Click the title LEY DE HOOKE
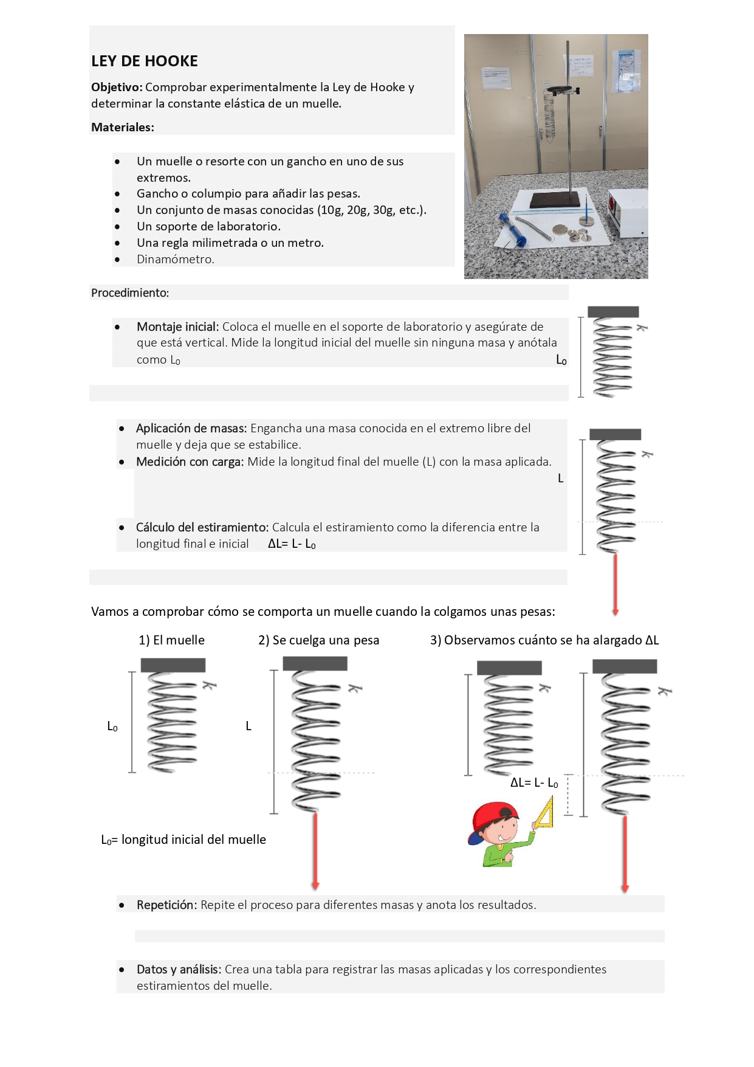click(x=145, y=61)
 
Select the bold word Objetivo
click(x=116, y=88)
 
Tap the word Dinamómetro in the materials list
click(x=175, y=260)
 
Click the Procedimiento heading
click(x=130, y=293)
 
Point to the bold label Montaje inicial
click(x=177, y=327)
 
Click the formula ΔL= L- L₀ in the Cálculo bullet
click(x=292, y=544)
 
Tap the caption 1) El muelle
click(x=171, y=640)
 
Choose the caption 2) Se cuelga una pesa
click(x=318, y=640)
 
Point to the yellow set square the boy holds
click(x=544, y=815)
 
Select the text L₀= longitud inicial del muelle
click(x=183, y=840)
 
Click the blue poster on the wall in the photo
click(x=625, y=70)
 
